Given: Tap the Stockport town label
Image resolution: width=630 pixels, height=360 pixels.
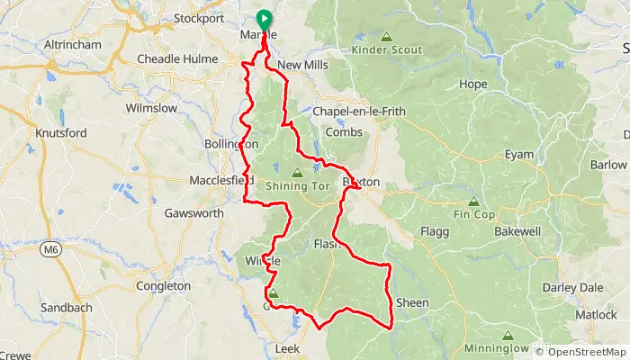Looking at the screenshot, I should [x=198, y=17].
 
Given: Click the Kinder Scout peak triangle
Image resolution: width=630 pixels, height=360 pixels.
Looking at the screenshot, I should [x=386, y=37].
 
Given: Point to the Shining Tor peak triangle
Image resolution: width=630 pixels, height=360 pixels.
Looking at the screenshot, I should [x=297, y=171].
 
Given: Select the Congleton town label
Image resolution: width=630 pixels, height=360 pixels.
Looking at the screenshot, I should [x=162, y=286].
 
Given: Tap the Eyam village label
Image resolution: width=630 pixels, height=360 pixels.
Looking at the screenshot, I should [x=519, y=155].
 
